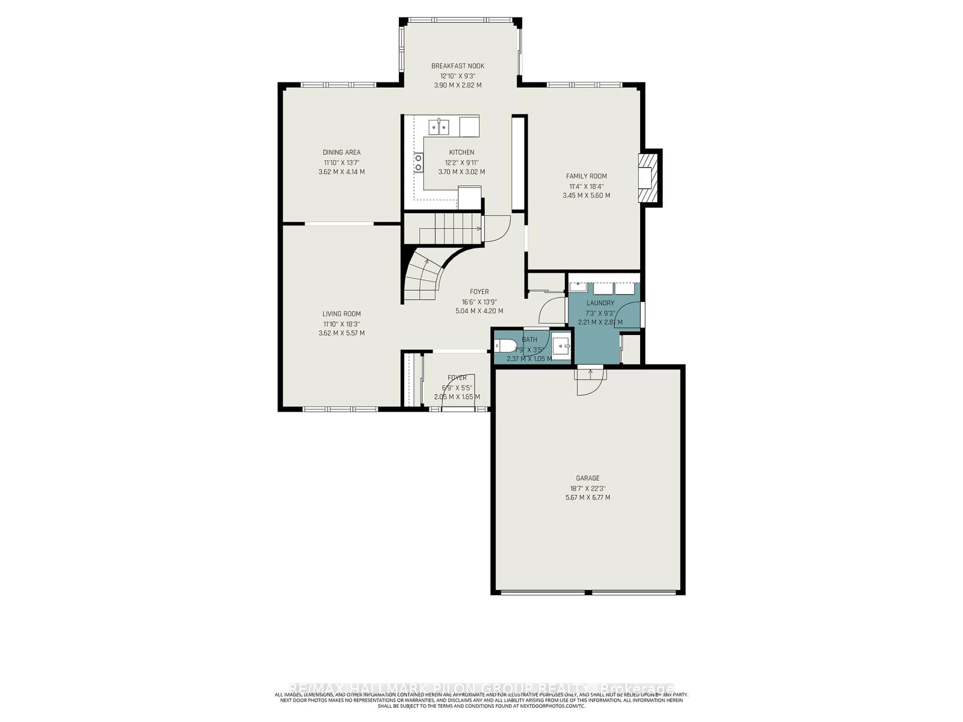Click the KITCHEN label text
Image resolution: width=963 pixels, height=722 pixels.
(x=461, y=152)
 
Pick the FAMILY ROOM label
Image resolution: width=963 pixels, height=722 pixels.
(x=586, y=176)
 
